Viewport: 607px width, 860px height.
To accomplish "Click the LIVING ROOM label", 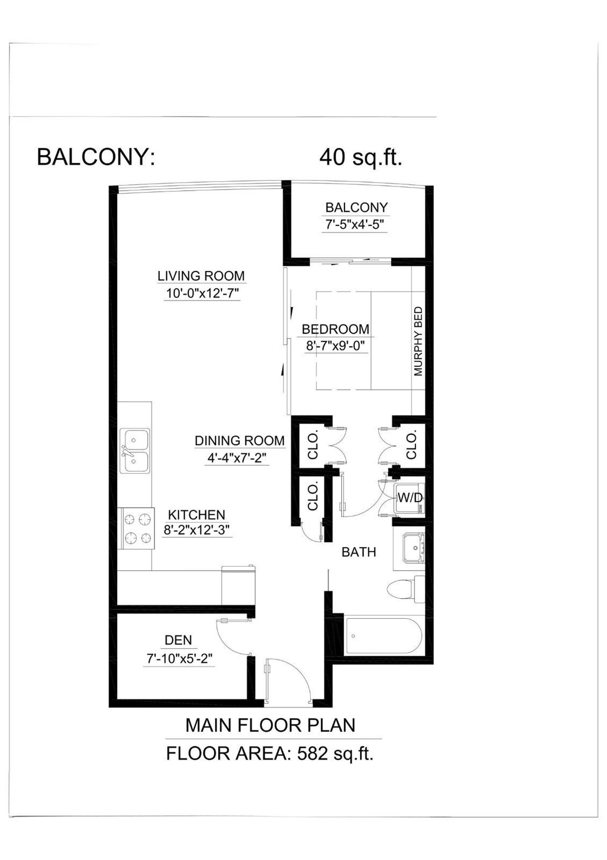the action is coord(201,276).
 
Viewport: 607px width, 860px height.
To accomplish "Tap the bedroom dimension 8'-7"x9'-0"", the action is coord(336,346).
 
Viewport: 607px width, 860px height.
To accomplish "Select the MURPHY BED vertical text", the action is coord(418,341).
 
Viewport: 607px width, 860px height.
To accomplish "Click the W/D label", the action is coord(410,497).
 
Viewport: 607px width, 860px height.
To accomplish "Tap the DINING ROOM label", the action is coord(240,441).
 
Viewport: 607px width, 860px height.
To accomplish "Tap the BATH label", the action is coord(359,552).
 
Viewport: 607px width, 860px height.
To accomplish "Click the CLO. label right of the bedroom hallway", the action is coord(411,446).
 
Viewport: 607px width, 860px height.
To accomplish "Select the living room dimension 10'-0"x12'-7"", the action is coord(202,293).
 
